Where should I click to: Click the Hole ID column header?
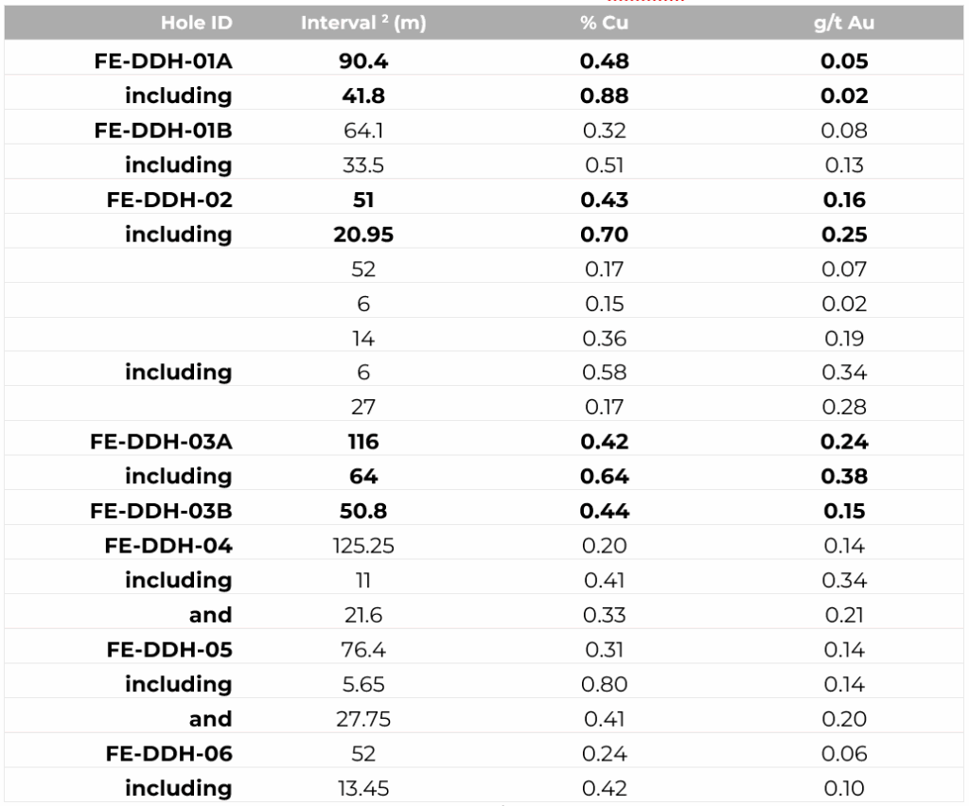tap(195, 24)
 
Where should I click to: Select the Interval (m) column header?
tap(362, 24)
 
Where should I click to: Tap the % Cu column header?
tap(605, 24)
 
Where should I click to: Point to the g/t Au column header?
tap(843, 24)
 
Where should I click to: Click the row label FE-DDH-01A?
tap(163, 61)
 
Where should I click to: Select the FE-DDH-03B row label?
tap(162, 511)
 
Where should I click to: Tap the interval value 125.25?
tap(362, 546)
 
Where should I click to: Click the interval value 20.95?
tap(362, 235)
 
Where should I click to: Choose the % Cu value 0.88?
tap(605, 96)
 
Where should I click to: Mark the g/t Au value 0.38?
tap(843, 476)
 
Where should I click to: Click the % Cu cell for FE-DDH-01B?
tap(605, 131)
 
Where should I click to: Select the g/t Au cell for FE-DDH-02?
tap(843, 200)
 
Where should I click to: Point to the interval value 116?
tap(362, 442)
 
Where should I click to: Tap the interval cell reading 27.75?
tap(362, 719)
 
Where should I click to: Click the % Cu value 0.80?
tap(605, 684)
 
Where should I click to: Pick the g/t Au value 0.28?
tap(843, 408)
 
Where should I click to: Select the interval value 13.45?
tap(362, 788)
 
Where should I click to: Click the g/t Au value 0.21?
tap(843, 615)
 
